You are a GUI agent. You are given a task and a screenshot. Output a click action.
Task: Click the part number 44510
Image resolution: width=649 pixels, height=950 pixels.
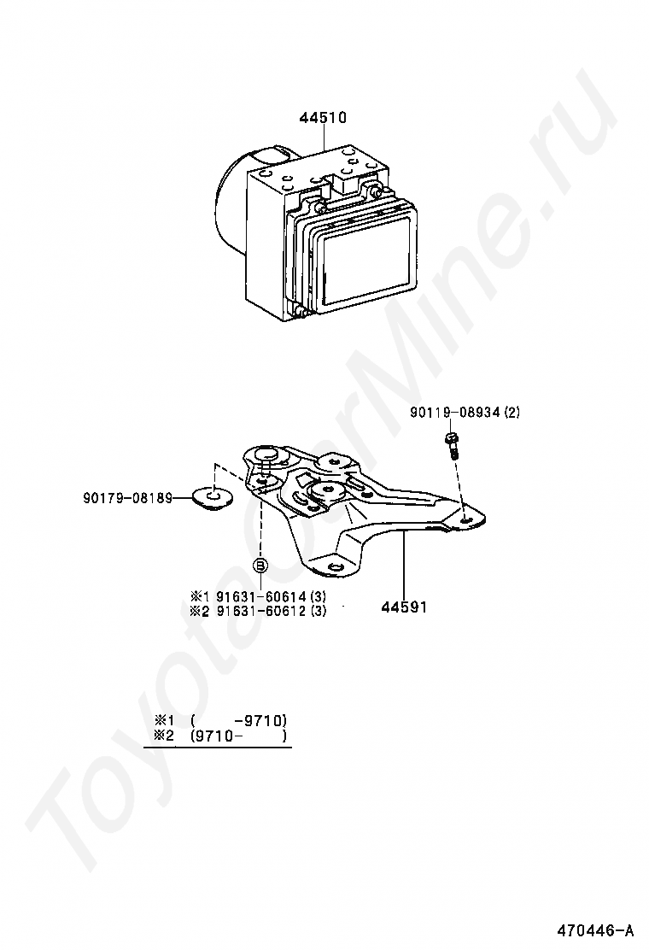click(323, 118)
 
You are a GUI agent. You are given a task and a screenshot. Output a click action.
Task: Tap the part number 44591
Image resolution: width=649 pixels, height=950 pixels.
click(403, 607)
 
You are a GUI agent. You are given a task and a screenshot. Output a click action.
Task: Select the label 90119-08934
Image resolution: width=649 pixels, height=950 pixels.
click(455, 413)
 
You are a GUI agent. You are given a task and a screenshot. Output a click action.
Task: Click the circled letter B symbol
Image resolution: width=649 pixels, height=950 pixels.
click(260, 565)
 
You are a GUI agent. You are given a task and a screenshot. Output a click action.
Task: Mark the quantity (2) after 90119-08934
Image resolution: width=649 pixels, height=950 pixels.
click(512, 413)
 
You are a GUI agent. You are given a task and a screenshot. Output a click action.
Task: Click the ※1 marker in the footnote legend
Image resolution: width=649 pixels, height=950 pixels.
click(163, 720)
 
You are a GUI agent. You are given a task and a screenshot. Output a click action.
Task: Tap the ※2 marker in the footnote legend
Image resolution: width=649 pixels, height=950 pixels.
click(163, 736)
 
